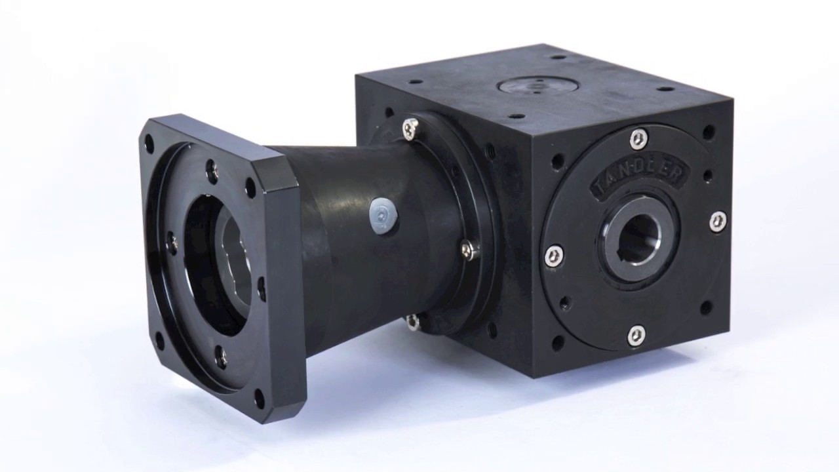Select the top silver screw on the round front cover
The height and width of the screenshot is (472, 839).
(638, 138)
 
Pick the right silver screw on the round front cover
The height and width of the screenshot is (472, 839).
(718, 221)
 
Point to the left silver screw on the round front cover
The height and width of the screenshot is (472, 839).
(555, 256)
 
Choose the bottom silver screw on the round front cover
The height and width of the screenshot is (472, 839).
(636, 335)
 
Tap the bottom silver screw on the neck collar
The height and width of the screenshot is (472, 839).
(413, 321)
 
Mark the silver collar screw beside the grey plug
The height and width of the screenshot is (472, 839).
(470, 249)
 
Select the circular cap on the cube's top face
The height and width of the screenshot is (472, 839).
(537, 86)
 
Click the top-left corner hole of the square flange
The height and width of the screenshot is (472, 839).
(149, 144)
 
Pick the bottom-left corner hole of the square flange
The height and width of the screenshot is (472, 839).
(159, 341)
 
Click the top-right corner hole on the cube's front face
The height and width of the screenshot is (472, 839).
(708, 132)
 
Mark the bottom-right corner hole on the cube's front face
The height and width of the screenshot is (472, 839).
(706, 307)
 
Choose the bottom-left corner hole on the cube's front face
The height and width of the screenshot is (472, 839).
(558, 343)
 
